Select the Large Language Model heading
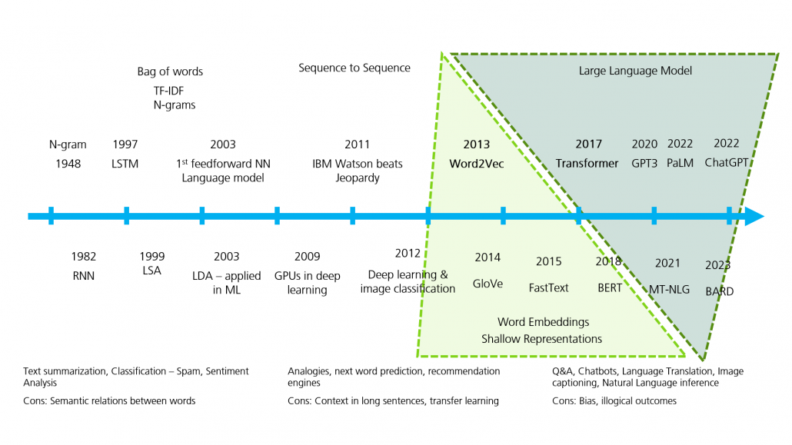point(635,71)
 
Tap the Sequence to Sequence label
point(354,68)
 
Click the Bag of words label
point(170,71)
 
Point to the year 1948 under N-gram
point(68,163)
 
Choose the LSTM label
point(125,163)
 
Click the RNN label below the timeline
point(84,275)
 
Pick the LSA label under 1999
point(152,271)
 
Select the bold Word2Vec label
point(477,163)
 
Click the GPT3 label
point(644,163)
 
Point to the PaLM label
point(681,163)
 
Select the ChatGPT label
point(727,163)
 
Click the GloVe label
point(488,284)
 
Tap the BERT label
point(610,287)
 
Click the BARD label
point(720,291)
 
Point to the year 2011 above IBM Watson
point(357,144)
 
